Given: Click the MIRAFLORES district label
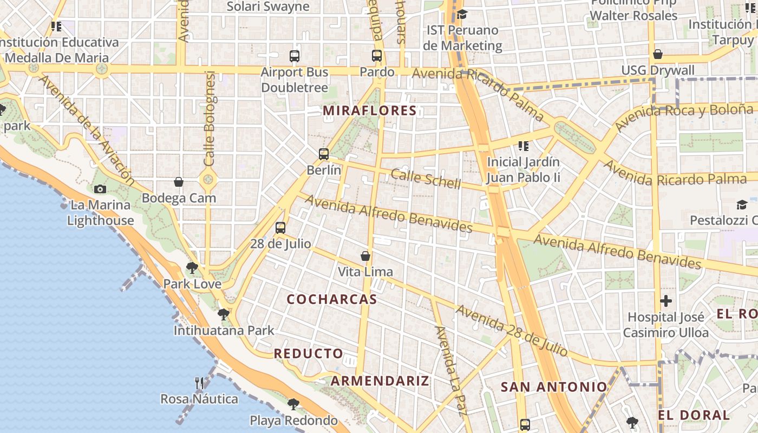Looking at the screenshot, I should click(370, 111).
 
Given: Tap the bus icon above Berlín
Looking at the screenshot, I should click(324, 154).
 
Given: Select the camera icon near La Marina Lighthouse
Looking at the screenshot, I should click(100, 189).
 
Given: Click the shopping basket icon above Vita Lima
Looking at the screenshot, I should click(365, 255).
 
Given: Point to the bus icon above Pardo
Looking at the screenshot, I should click(377, 56).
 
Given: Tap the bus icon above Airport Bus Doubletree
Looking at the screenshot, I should click(295, 56).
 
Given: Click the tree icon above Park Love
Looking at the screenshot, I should click(192, 267).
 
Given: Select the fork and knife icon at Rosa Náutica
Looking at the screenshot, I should click(199, 383).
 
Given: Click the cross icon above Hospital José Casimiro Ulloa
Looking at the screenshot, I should click(666, 301).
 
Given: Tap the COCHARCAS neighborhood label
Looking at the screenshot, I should click(332, 299).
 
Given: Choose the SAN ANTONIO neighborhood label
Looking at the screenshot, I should click(554, 387).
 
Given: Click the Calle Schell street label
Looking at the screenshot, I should click(426, 179).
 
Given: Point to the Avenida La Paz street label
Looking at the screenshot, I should click(450, 371).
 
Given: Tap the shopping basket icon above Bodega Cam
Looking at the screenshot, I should click(179, 182).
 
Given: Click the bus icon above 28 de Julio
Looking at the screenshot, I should click(280, 228).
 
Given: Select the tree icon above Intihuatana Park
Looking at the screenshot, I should click(223, 314).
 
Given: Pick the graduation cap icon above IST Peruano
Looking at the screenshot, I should click(462, 14).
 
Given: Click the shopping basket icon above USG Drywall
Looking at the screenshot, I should click(658, 54).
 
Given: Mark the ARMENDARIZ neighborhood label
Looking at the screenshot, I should click(380, 380).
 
